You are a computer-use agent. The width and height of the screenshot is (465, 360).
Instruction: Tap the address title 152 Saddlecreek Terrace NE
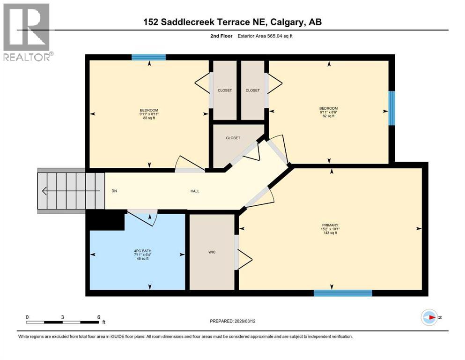pos(232,22)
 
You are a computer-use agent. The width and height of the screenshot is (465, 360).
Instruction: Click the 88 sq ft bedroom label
pos(149,114)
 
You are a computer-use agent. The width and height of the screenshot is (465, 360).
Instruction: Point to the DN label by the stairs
pos(114,191)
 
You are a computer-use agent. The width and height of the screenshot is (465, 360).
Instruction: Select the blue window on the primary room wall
pos(342,293)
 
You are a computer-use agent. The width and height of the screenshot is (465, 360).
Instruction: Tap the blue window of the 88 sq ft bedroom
pos(148,57)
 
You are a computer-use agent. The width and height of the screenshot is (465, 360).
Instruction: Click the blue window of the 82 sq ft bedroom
pos(391,108)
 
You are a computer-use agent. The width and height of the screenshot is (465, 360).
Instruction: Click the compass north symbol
pos(429,317)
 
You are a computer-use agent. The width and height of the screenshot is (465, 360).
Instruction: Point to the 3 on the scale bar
pos(62,317)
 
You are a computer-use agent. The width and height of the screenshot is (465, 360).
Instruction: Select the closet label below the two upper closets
pos(233,138)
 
